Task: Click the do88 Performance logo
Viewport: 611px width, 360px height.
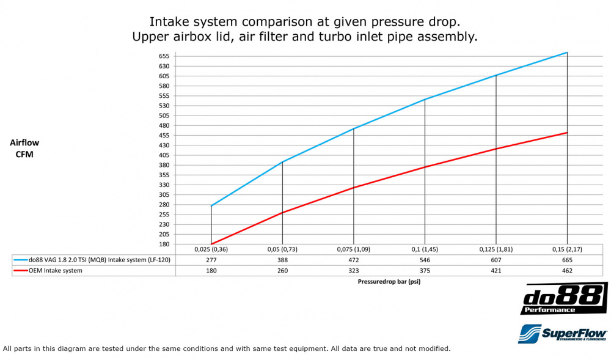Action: pos(563,298)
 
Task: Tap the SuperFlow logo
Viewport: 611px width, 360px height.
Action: pos(562,333)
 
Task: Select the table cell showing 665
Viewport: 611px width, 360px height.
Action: pos(567,260)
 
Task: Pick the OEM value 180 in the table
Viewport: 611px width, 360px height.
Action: pos(211,270)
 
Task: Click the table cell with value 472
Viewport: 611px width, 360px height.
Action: pos(353,260)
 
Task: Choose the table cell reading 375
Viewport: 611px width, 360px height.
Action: pos(425,270)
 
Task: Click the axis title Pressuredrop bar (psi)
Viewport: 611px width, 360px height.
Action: pos(389,282)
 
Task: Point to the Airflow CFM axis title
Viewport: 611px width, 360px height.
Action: pos(24,148)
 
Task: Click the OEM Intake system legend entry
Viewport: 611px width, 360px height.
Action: pos(55,270)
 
